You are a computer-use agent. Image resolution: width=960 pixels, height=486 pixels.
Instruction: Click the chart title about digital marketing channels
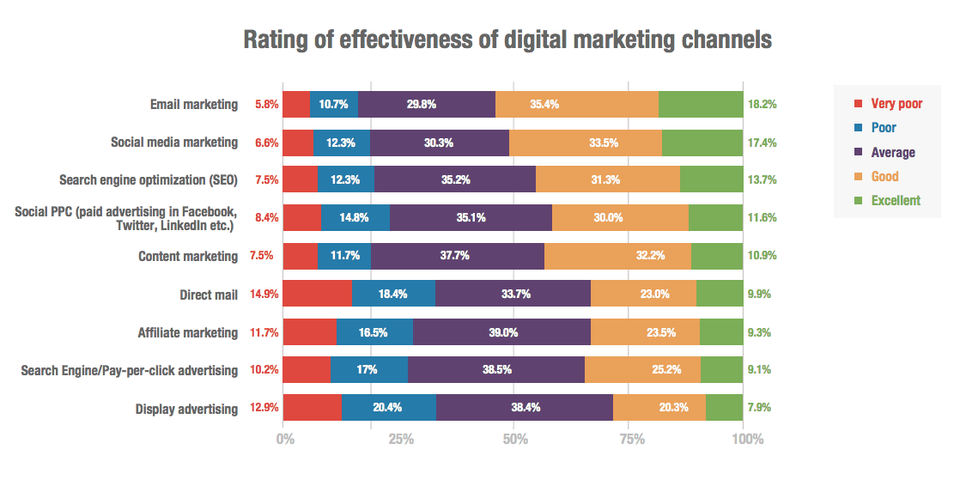click(x=507, y=40)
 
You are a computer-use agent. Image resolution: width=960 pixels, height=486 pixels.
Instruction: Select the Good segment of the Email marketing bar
click(x=576, y=104)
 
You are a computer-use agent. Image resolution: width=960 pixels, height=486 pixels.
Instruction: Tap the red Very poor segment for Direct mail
click(x=317, y=294)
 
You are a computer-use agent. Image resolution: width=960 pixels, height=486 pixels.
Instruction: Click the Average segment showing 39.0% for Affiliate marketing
click(x=501, y=332)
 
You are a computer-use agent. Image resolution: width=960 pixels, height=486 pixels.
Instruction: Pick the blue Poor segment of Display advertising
click(x=388, y=408)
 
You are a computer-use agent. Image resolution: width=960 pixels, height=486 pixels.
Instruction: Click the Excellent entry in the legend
click(x=895, y=200)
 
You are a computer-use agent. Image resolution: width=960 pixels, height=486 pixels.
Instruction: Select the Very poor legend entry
click(x=896, y=104)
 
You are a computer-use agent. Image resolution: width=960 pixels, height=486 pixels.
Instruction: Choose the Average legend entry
click(x=892, y=152)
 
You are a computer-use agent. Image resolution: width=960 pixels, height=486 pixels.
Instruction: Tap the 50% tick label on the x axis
click(x=514, y=439)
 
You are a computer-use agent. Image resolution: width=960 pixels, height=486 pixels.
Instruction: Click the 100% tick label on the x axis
click(x=747, y=439)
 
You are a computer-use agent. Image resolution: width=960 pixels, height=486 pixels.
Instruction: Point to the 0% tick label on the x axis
click(x=285, y=439)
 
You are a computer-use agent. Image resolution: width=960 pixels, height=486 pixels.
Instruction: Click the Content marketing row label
click(x=187, y=256)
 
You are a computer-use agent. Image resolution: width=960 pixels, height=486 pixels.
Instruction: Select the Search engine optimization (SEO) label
click(x=148, y=180)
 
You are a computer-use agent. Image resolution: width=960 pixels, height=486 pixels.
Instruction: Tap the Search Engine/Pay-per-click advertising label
click(x=129, y=370)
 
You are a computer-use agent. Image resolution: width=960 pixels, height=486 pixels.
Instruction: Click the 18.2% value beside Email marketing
click(x=762, y=105)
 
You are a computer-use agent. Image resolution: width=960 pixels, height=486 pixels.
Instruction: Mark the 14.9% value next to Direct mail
click(x=264, y=295)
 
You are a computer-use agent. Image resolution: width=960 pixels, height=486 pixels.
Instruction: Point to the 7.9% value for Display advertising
click(x=760, y=408)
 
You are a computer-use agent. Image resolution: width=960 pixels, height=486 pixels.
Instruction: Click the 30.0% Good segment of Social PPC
click(x=620, y=218)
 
